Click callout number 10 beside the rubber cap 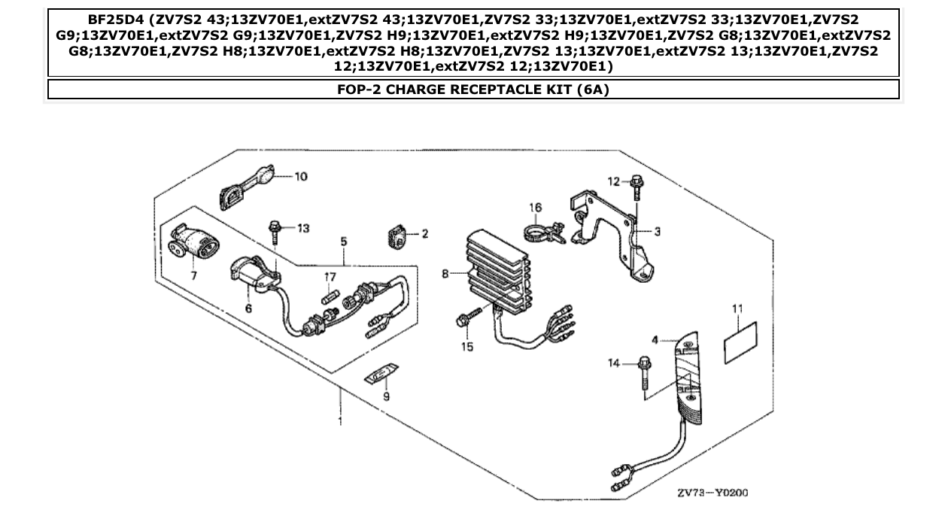click(300, 177)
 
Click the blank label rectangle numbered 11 click(740, 338)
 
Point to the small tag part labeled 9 click(381, 374)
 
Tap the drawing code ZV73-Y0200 click(713, 493)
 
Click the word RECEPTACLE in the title click(481, 90)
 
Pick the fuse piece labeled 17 click(330, 297)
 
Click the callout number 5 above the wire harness click(343, 242)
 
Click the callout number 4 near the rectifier click(655, 340)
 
